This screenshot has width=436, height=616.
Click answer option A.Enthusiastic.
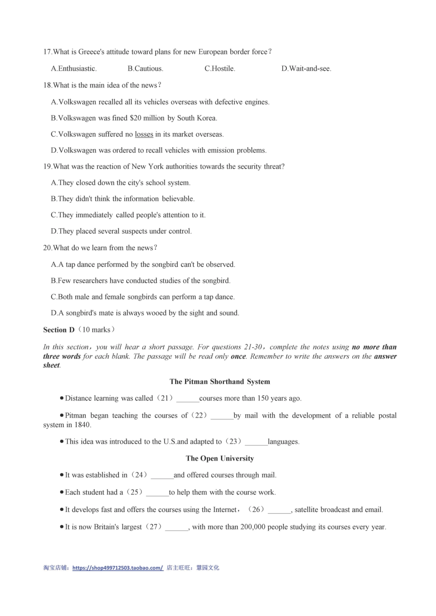73,69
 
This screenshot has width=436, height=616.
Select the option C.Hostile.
220,69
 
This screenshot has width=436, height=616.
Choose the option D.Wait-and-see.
306,69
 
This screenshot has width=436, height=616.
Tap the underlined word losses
144,134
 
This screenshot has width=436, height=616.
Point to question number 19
47,167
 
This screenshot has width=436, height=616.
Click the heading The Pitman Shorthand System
220,382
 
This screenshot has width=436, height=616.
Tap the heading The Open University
220,458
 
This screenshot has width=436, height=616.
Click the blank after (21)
187,399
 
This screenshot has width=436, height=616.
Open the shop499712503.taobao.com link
117,568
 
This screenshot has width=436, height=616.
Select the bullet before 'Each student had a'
61,492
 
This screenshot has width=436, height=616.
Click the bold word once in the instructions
238,357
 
